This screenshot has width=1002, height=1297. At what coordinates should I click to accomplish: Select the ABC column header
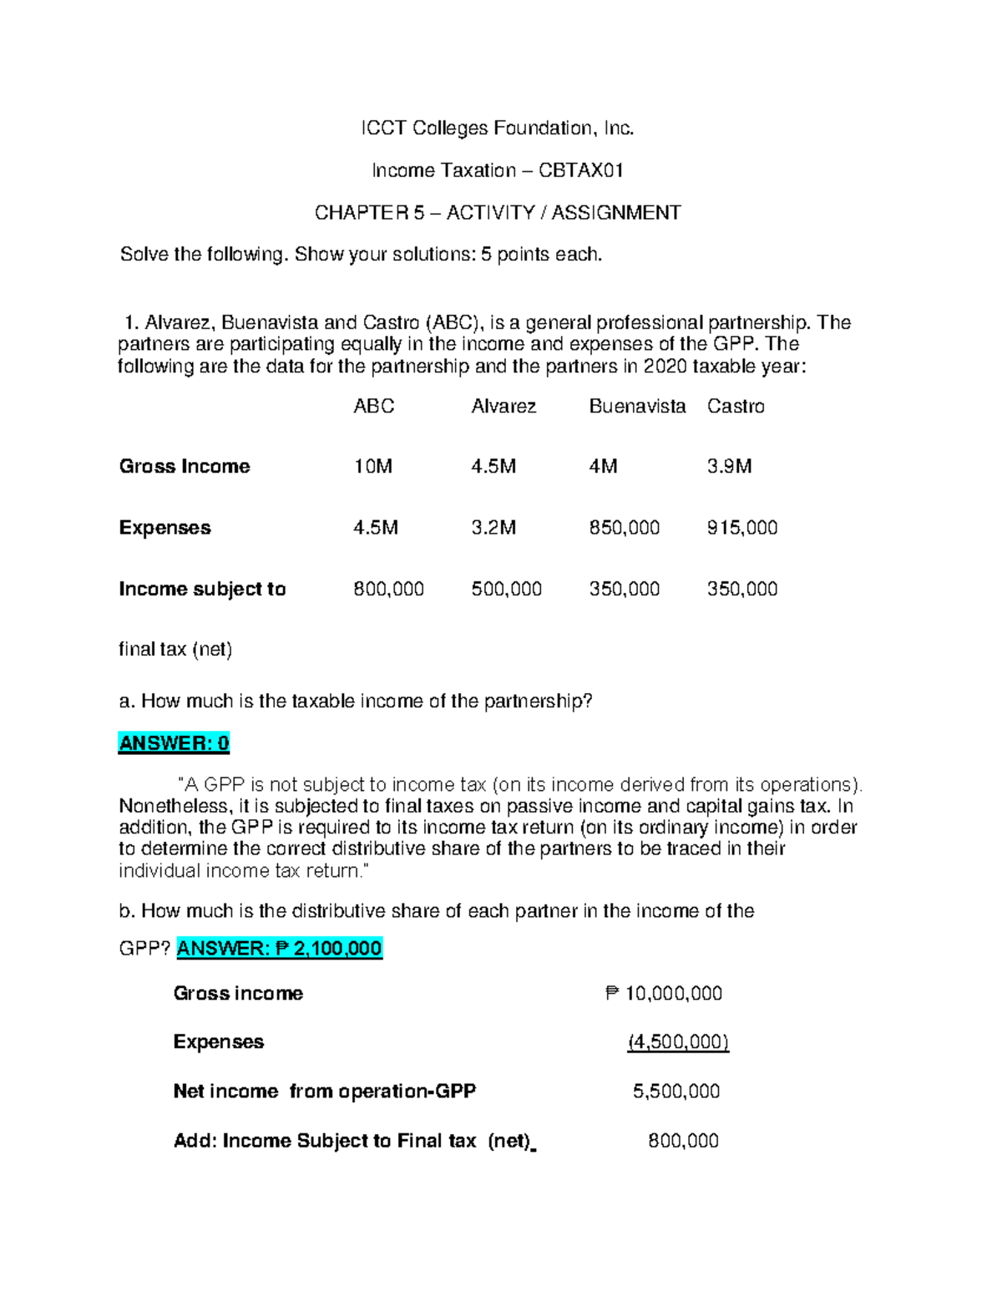373,407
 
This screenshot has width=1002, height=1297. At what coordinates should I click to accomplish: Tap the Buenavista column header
637,407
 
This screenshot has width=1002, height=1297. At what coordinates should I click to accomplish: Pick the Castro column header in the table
736,407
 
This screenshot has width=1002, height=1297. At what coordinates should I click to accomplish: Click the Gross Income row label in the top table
185,467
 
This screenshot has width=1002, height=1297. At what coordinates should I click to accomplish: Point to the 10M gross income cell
372,467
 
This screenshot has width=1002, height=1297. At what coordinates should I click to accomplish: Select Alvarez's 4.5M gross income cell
493,467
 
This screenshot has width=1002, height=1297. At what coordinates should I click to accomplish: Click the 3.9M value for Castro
729,467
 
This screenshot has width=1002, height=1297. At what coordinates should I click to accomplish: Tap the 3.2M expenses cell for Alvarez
493,528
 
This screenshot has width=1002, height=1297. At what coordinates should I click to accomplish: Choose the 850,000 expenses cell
624,528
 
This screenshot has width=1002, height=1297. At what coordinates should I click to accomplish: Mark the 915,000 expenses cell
741,528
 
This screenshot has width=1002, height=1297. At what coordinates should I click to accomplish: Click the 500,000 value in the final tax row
506,590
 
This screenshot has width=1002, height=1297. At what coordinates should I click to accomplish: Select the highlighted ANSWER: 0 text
174,743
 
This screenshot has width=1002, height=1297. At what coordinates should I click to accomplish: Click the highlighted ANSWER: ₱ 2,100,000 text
279,949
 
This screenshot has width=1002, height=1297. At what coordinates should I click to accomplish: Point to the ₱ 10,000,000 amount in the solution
664,994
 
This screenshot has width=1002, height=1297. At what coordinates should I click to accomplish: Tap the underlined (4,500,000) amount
678,1042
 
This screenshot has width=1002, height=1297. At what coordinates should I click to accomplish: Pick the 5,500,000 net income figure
676,1092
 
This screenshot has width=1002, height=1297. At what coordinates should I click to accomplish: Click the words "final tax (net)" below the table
175,650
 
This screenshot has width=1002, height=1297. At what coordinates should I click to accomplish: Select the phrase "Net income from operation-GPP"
324,1092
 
